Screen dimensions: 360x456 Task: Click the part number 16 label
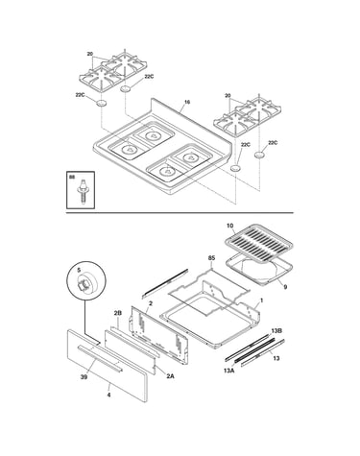187,102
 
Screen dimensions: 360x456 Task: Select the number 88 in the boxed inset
72,177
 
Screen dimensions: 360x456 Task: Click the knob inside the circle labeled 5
85,282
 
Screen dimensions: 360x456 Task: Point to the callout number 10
229,226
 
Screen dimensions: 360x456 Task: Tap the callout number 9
285,287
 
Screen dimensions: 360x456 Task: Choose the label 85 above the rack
211,258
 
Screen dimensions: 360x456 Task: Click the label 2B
118,313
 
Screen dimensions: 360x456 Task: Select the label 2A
170,376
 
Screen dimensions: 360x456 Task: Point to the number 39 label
84,377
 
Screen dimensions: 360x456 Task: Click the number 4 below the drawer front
108,395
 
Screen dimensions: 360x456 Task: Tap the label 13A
229,371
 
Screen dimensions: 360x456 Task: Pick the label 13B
276,330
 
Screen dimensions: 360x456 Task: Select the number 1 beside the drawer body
261,300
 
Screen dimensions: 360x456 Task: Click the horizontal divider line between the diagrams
180,212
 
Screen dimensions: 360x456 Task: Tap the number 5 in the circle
79,270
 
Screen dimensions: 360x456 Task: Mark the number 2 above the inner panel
151,302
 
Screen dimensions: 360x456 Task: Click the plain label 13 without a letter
276,358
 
